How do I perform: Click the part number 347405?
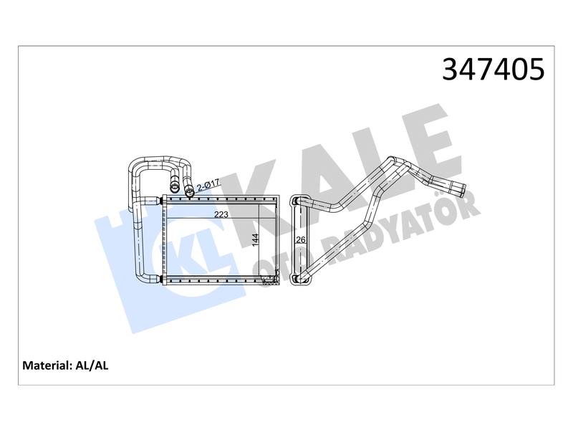pyautogui.click(x=493, y=69)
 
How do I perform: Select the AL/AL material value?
pyautogui.click(x=92, y=365)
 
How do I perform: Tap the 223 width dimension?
pyautogui.click(x=221, y=214)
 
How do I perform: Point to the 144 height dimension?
pyautogui.click(x=256, y=240)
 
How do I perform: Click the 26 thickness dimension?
pyautogui.click(x=300, y=240)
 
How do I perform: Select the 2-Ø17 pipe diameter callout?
pyautogui.click(x=208, y=186)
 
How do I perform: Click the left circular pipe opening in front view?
pyautogui.click(x=174, y=188)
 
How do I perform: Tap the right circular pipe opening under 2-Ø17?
pyautogui.click(x=190, y=190)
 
